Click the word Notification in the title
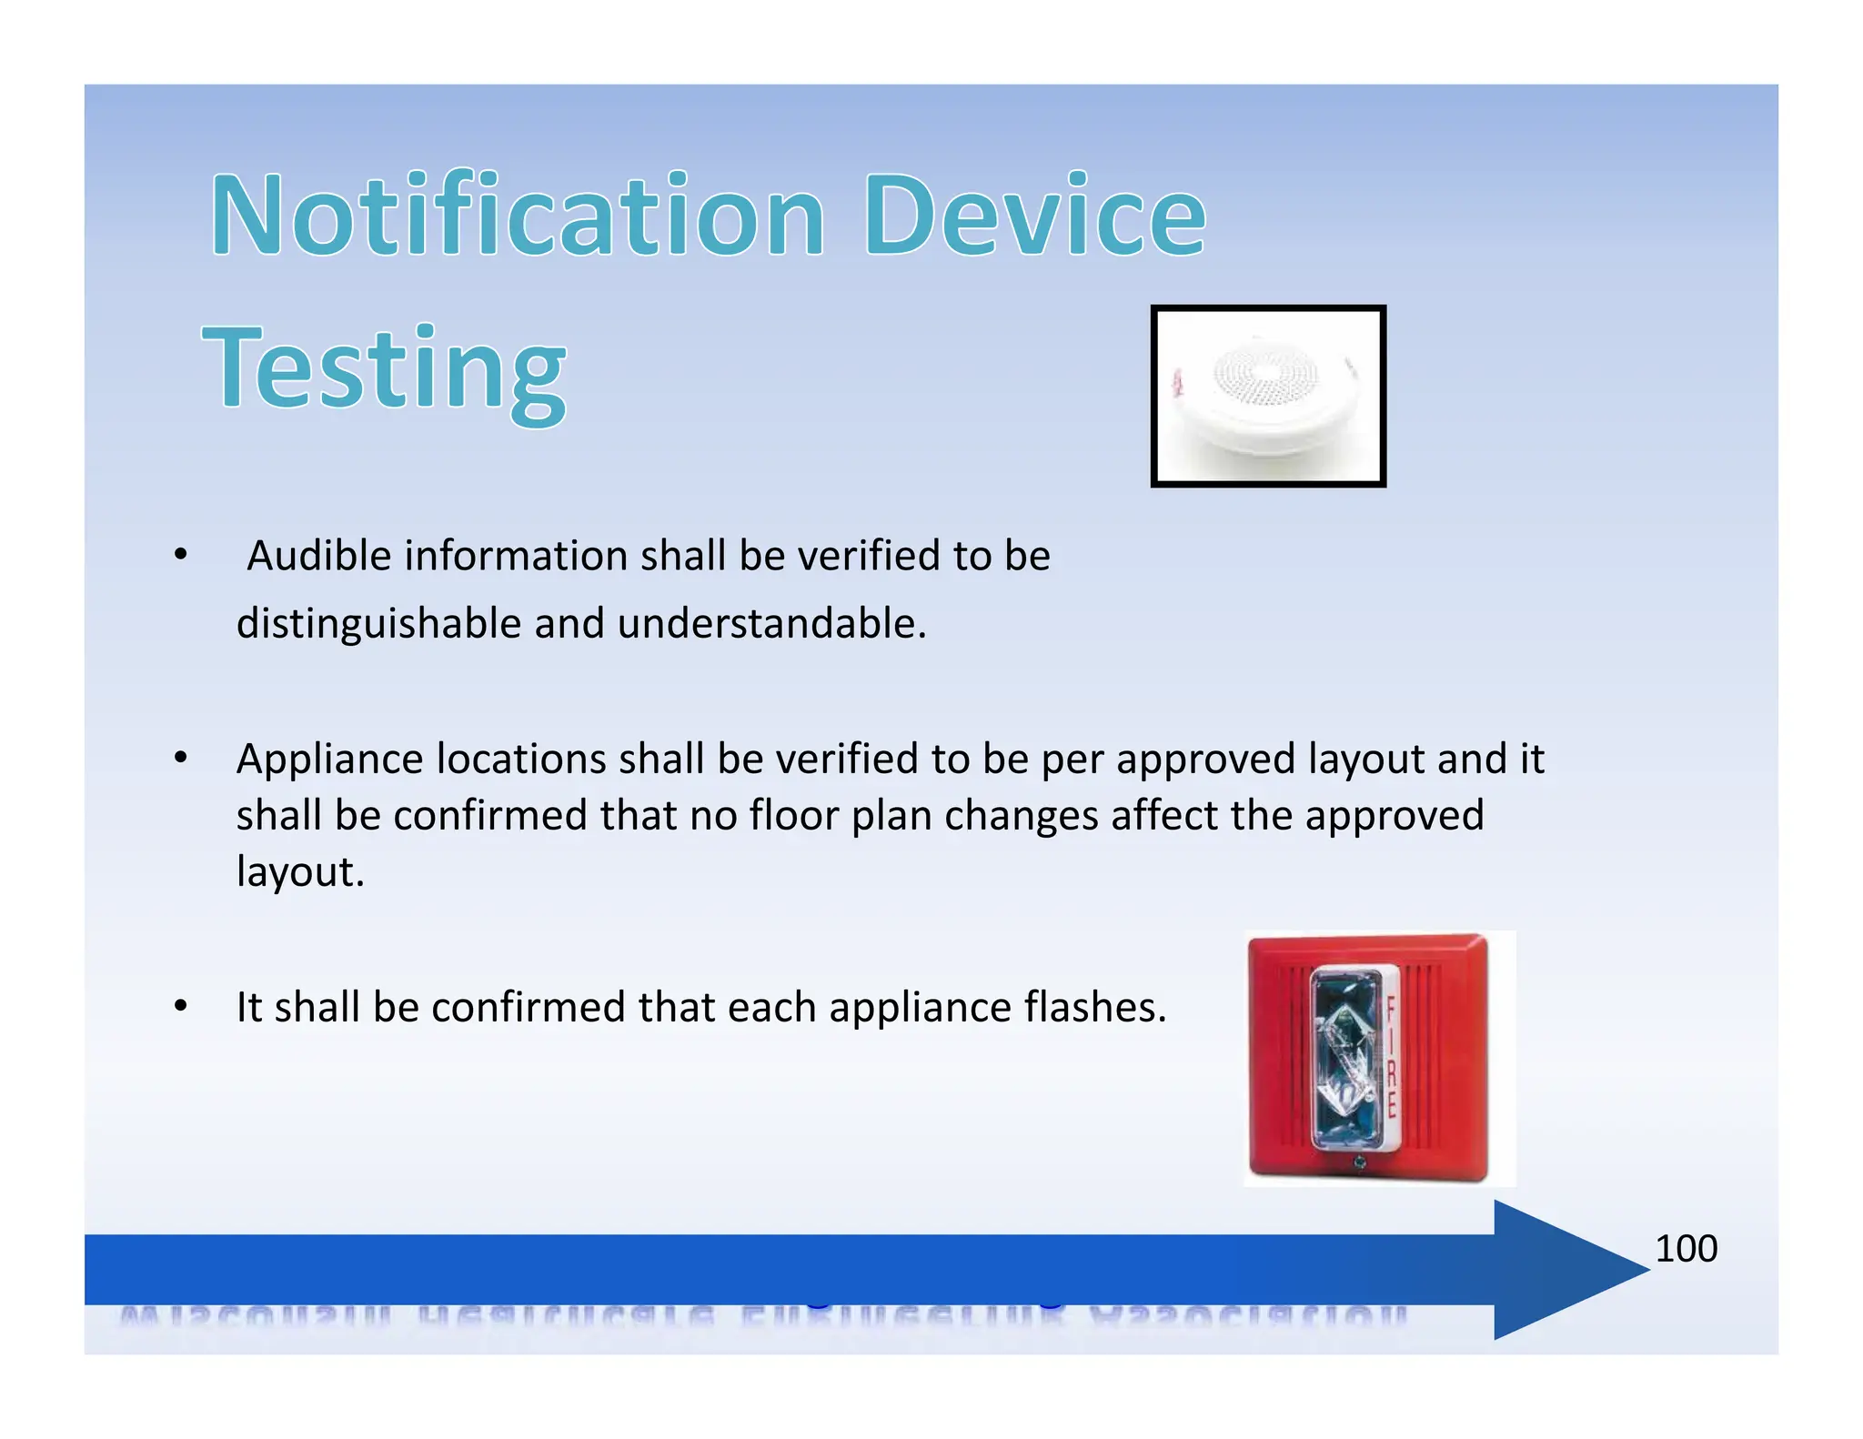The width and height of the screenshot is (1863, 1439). click(517, 216)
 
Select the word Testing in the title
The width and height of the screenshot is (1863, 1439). click(384, 370)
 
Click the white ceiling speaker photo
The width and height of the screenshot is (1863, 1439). click(1267, 396)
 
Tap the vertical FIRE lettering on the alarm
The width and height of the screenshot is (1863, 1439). click(1390, 1058)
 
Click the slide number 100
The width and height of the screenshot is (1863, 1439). click(1686, 1249)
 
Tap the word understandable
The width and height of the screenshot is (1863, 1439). click(771, 624)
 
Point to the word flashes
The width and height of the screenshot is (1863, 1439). click(1094, 1008)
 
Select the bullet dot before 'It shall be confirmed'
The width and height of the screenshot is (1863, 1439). click(181, 1006)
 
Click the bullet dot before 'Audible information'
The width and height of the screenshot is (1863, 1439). click(181, 554)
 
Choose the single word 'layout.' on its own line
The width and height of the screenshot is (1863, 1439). click(300, 872)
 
